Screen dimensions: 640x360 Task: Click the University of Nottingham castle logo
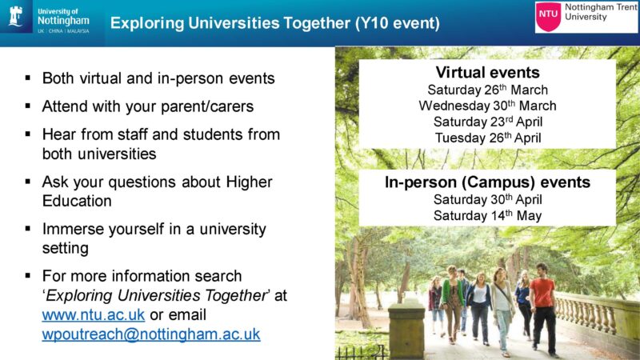click(15, 16)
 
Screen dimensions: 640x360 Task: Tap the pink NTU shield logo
click(548, 16)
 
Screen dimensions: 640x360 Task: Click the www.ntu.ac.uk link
click(94, 314)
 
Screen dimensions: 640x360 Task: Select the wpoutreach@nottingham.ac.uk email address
click(151, 334)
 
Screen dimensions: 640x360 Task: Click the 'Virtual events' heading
click(488, 72)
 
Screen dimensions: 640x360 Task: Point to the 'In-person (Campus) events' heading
click(487, 182)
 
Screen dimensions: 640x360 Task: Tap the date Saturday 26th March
click(488, 90)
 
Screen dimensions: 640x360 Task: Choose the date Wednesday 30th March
click(487, 106)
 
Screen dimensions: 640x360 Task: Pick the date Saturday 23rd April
click(488, 122)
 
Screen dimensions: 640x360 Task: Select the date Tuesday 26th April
click(488, 138)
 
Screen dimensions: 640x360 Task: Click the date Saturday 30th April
click(488, 199)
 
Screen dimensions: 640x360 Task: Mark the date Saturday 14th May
click(488, 215)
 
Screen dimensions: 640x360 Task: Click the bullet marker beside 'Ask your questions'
click(28, 182)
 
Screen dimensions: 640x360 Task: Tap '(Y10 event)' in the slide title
click(397, 23)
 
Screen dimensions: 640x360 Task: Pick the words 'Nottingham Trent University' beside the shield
click(601, 12)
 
